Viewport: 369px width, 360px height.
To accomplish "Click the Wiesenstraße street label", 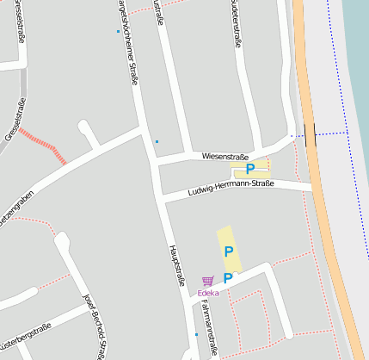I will click(x=224, y=156).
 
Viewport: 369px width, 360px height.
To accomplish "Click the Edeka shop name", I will click(x=208, y=293).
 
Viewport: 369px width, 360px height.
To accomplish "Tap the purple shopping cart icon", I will click(x=207, y=281).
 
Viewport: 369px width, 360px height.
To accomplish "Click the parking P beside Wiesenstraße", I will click(x=250, y=169).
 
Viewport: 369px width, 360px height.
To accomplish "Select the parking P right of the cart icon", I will click(x=228, y=278).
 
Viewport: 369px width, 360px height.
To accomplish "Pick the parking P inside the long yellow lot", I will click(x=229, y=251).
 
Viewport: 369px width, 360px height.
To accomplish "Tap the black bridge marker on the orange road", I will click(x=310, y=134).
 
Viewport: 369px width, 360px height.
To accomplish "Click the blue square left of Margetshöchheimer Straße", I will click(x=118, y=32).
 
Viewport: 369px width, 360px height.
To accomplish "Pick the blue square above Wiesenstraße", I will click(x=157, y=141).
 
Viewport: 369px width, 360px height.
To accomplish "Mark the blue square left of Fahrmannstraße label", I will click(x=196, y=334).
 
